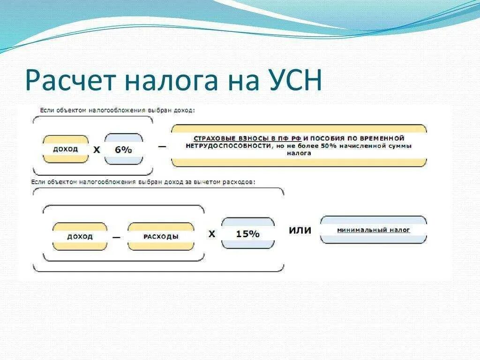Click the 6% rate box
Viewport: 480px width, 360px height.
(x=124, y=150)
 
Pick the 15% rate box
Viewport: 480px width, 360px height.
(x=247, y=233)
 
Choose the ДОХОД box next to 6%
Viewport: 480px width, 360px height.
(x=66, y=150)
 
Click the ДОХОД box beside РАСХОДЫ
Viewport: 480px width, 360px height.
(x=80, y=236)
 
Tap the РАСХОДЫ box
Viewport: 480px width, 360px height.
(x=161, y=236)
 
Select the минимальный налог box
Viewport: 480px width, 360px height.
(x=373, y=230)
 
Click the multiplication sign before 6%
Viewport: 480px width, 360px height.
(x=97, y=150)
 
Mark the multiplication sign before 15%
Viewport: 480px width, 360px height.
(x=212, y=233)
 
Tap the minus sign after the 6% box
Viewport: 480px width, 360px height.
(x=162, y=146)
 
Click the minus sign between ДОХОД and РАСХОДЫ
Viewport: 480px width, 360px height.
(x=116, y=237)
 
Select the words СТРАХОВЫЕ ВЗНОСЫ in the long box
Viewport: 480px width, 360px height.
(x=224, y=139)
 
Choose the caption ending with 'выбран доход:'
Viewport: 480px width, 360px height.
(x=117, y=110)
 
